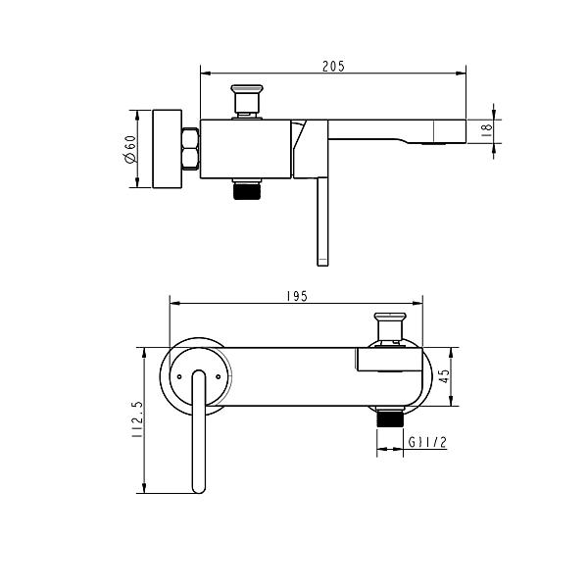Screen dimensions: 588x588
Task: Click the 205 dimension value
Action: pos(333,67)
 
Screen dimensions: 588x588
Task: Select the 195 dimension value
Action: pos(297,296)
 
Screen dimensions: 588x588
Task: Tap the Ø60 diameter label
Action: pos(130,149)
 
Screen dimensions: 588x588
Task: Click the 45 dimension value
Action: pos(444,376)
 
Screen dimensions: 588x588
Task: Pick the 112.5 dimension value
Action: pos(137,419)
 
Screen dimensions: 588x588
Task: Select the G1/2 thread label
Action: pos(427,443)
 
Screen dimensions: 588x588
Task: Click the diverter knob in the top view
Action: pos(247,101)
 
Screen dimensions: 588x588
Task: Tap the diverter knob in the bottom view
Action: pos(390,328)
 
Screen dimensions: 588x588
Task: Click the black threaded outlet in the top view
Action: pos(247,190)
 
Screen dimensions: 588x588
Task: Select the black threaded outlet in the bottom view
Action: pos(390,417)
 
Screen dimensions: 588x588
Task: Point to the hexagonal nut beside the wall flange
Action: pos(190,149)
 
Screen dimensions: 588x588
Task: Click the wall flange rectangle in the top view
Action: pos(168,149)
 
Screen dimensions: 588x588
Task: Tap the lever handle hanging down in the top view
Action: pos(322,221)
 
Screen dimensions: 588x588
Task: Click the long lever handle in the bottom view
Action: pos(199,431)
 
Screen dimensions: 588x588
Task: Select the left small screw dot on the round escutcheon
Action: pos(179,376)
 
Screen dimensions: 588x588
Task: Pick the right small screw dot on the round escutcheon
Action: pos(219,376)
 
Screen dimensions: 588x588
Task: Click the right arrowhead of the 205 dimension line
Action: pos(461,73)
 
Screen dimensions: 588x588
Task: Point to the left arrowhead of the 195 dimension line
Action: pos(175,303)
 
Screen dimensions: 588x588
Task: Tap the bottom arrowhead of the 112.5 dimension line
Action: pos(144,488)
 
